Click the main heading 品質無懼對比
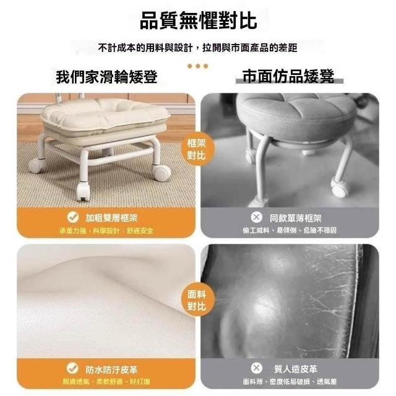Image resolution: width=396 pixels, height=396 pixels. (198, 20)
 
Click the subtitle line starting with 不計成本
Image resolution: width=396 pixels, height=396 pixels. (198, 48)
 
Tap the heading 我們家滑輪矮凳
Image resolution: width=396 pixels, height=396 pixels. (106, 77)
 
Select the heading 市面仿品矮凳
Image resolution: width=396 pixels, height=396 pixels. (288, 76)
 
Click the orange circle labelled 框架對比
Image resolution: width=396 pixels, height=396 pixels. (197, 149)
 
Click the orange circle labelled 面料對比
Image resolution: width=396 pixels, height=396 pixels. (197, 300)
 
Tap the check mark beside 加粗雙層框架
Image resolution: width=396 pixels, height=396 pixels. (73, 217)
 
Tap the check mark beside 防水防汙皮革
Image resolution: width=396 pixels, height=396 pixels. (72, 368)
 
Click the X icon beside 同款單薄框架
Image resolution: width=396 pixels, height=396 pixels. (256, 217)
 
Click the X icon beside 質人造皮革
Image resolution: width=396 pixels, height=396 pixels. (256, 368)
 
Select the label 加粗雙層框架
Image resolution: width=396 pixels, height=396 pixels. (111, 218)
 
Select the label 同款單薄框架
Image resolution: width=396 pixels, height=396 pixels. (295, 218)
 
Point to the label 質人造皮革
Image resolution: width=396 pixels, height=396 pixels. (296, 369)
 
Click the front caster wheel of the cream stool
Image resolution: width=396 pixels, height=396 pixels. (83, 191)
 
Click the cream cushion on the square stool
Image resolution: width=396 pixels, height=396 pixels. (105, 115)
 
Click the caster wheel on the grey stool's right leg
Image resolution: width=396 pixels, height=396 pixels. (338, 187)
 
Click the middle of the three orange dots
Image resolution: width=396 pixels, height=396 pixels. (198, 66)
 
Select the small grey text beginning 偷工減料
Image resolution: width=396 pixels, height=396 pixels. (290, 230)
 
